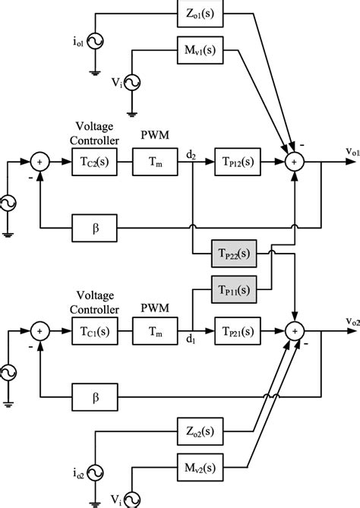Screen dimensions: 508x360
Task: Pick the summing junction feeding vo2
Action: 294,330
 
